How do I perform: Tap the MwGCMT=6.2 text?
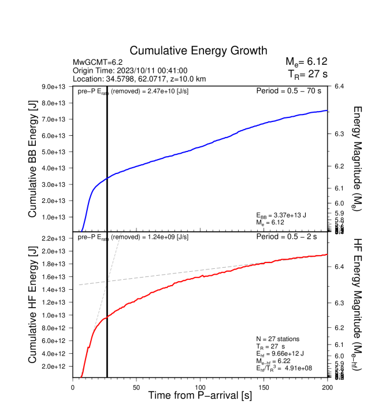tap(97, 62)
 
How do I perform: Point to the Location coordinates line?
tap(139, 79)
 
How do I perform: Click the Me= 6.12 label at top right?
tap(306, 62)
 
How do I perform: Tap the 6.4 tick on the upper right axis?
tap(339, 87)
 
